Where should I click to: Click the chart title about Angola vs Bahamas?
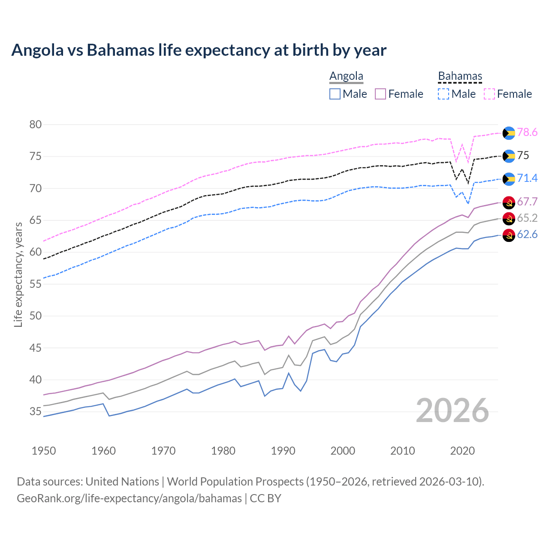(199, 50)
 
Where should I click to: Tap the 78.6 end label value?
(527, 133)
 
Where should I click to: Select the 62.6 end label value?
(527, 235)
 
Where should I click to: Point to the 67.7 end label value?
(527, 202)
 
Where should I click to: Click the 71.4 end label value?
(527, 178)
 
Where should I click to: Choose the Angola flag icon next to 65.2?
(509, 219)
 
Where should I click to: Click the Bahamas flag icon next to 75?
(509, 156)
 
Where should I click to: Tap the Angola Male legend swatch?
(335, 94)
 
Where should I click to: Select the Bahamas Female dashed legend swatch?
(489, 94)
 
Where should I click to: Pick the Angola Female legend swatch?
(380, 94)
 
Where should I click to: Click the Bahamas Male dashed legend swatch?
(443, 94)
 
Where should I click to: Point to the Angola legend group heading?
(346, 76)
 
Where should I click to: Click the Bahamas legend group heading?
(460, 76)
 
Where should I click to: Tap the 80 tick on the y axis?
(36, 125)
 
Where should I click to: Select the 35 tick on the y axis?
(36, 412)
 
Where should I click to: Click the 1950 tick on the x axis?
(44, 451)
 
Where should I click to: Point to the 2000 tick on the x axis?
(343, 451)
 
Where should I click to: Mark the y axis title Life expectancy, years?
(18, 274)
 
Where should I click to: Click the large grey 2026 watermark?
(452, 410)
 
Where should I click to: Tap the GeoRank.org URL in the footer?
(129, 498)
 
